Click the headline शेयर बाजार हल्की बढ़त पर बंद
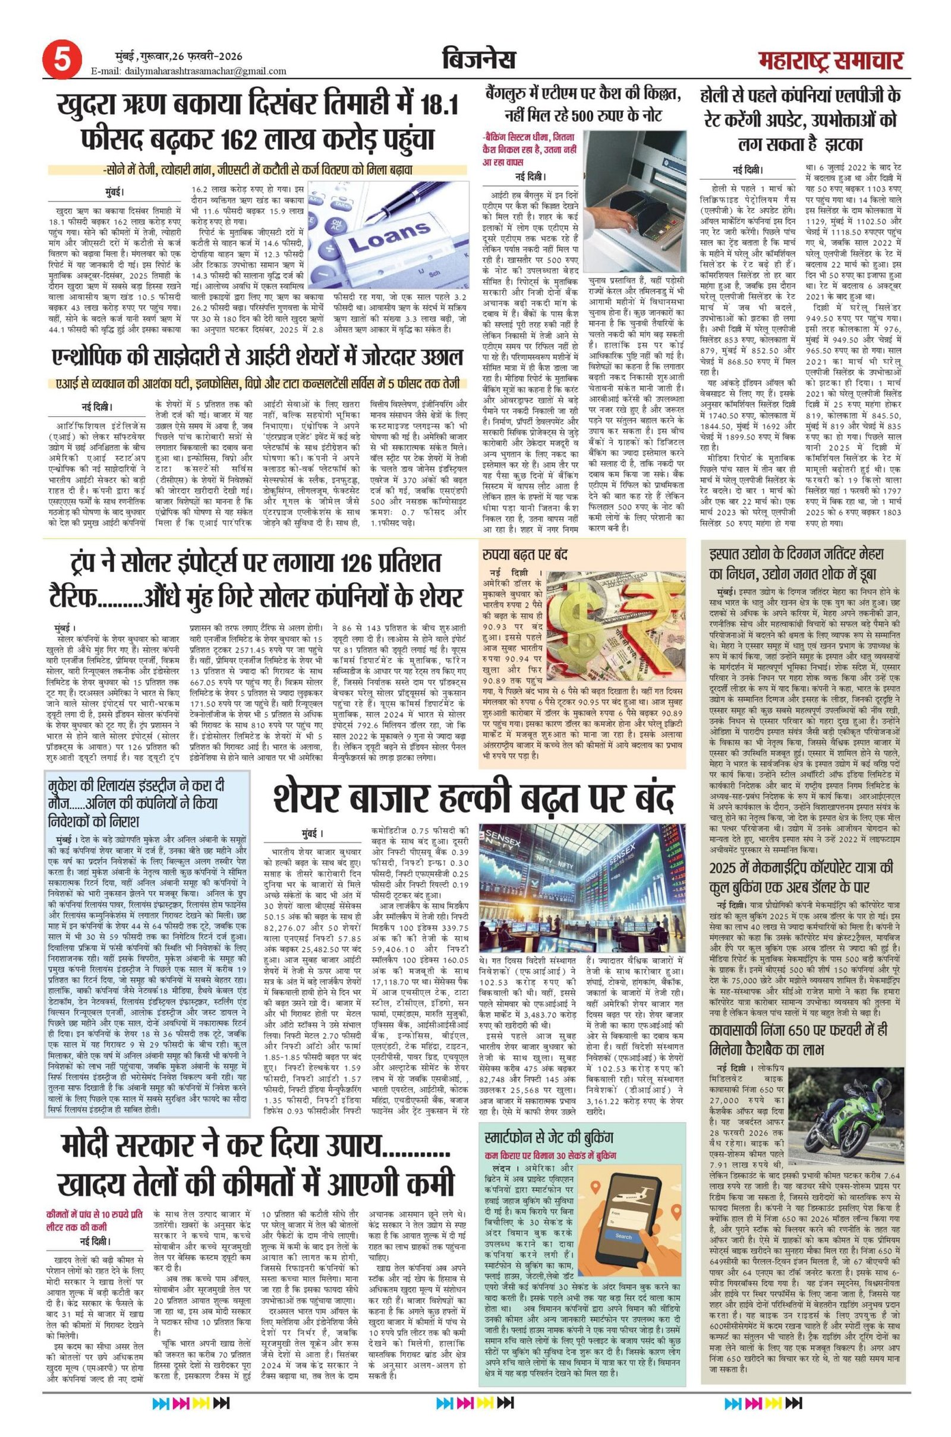[x=473, y=799]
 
